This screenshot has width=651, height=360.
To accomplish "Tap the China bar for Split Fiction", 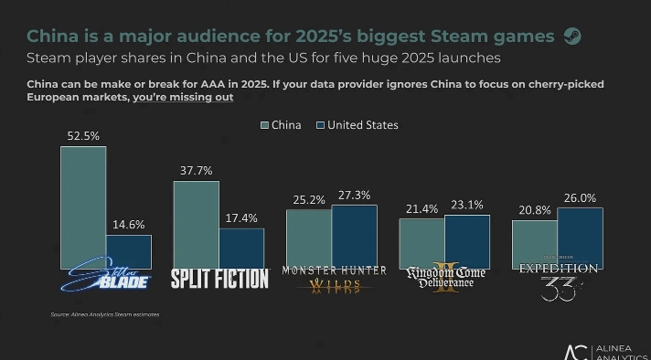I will click(x=197, y=223).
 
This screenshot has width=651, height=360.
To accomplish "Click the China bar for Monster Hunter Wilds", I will click(x=309, y=238).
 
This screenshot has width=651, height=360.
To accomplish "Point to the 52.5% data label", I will click(x=83, y=135).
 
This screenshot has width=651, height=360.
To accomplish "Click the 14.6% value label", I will click(x=128, y=225).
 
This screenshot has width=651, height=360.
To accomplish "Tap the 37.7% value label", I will click(x=197, y=170).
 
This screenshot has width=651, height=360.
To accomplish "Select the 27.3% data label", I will click(x=354, y=195).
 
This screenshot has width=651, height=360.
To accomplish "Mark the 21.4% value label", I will click(x=422, y=209).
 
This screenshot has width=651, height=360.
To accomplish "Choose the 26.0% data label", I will click(x=580, y=197).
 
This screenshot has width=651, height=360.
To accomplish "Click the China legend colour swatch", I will click(x=265, y=125).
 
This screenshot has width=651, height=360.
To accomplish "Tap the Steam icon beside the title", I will click(x=572, y=37).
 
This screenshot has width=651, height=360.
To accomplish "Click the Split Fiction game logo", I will click(x=219, y=279).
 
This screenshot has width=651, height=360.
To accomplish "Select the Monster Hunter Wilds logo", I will click(x=334, y=279).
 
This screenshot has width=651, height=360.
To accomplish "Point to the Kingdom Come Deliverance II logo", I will click(x=446, y=281).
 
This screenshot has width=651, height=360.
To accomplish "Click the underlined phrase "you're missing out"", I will click(x=183, y=97).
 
